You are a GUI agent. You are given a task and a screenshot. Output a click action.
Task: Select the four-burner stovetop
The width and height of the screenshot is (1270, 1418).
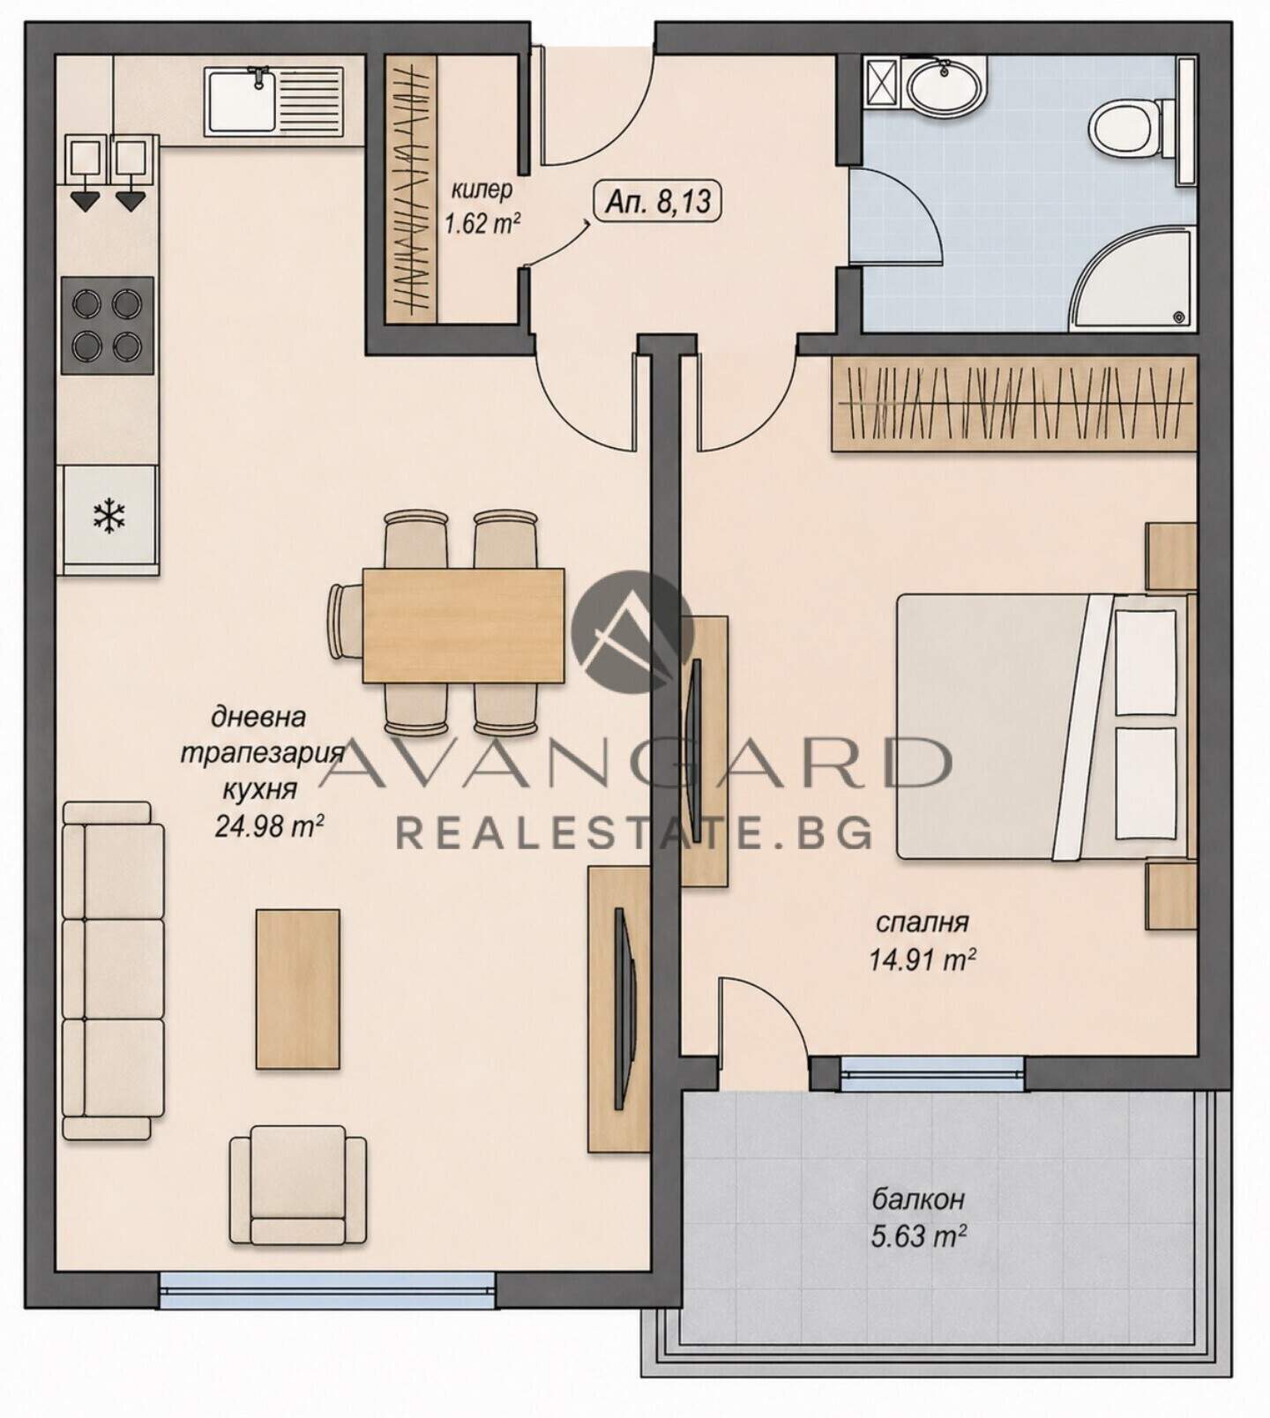pos(107,325)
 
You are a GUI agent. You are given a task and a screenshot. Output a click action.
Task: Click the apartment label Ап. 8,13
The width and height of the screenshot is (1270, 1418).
pos(658,202)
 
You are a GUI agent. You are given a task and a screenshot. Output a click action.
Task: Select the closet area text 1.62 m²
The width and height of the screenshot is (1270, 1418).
pos(482,223)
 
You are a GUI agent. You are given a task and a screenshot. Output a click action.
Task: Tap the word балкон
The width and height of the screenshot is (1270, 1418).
pos(918,1199)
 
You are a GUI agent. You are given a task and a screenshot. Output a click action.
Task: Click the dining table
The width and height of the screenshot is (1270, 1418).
pos(464,624)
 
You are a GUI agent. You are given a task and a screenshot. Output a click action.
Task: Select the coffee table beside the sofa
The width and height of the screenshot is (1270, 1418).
pos(298,989)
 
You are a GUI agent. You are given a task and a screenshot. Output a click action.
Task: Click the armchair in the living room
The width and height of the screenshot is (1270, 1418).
pos(298,1185)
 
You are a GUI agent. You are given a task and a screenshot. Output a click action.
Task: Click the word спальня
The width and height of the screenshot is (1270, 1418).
pos(922,922)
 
